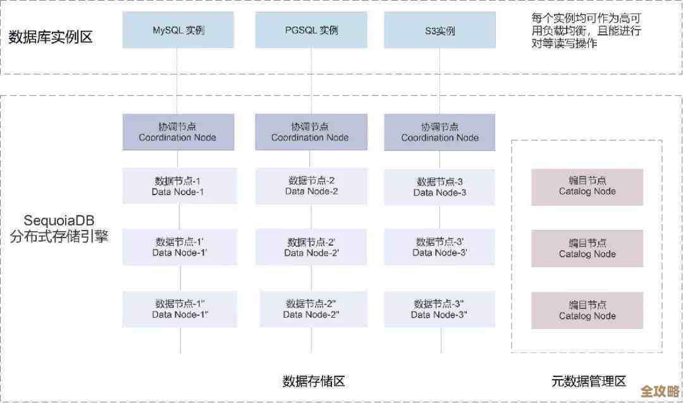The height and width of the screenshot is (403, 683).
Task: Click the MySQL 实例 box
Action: pos(178,30)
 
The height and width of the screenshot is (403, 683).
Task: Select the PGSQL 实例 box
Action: pos(311,30)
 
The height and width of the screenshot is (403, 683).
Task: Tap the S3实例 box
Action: pos(440,30)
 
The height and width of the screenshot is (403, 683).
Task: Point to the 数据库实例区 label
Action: pos(51,37)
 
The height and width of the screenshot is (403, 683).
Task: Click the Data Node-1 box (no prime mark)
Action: pos(180,186)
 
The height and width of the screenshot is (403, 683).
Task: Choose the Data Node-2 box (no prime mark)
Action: pos(311,186)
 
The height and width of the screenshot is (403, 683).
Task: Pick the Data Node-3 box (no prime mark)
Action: pos(440,186)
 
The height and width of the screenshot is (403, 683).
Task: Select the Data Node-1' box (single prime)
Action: pos(180,247)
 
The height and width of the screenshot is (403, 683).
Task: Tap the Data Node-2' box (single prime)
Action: pos(311,247)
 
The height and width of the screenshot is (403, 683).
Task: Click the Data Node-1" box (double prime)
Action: pos(180,308)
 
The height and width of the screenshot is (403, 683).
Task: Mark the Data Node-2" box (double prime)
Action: pos(312,308)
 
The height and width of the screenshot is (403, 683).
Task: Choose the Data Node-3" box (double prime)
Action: pos(440,308)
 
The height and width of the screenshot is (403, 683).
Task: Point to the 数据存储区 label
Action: pos(314,381)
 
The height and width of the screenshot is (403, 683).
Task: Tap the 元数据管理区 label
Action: pos(588,381)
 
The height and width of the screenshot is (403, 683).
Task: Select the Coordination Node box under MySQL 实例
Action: pos(178,132)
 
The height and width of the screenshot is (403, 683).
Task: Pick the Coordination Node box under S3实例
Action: pos(440,132)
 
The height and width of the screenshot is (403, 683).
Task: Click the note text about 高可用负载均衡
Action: pos(586,30)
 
